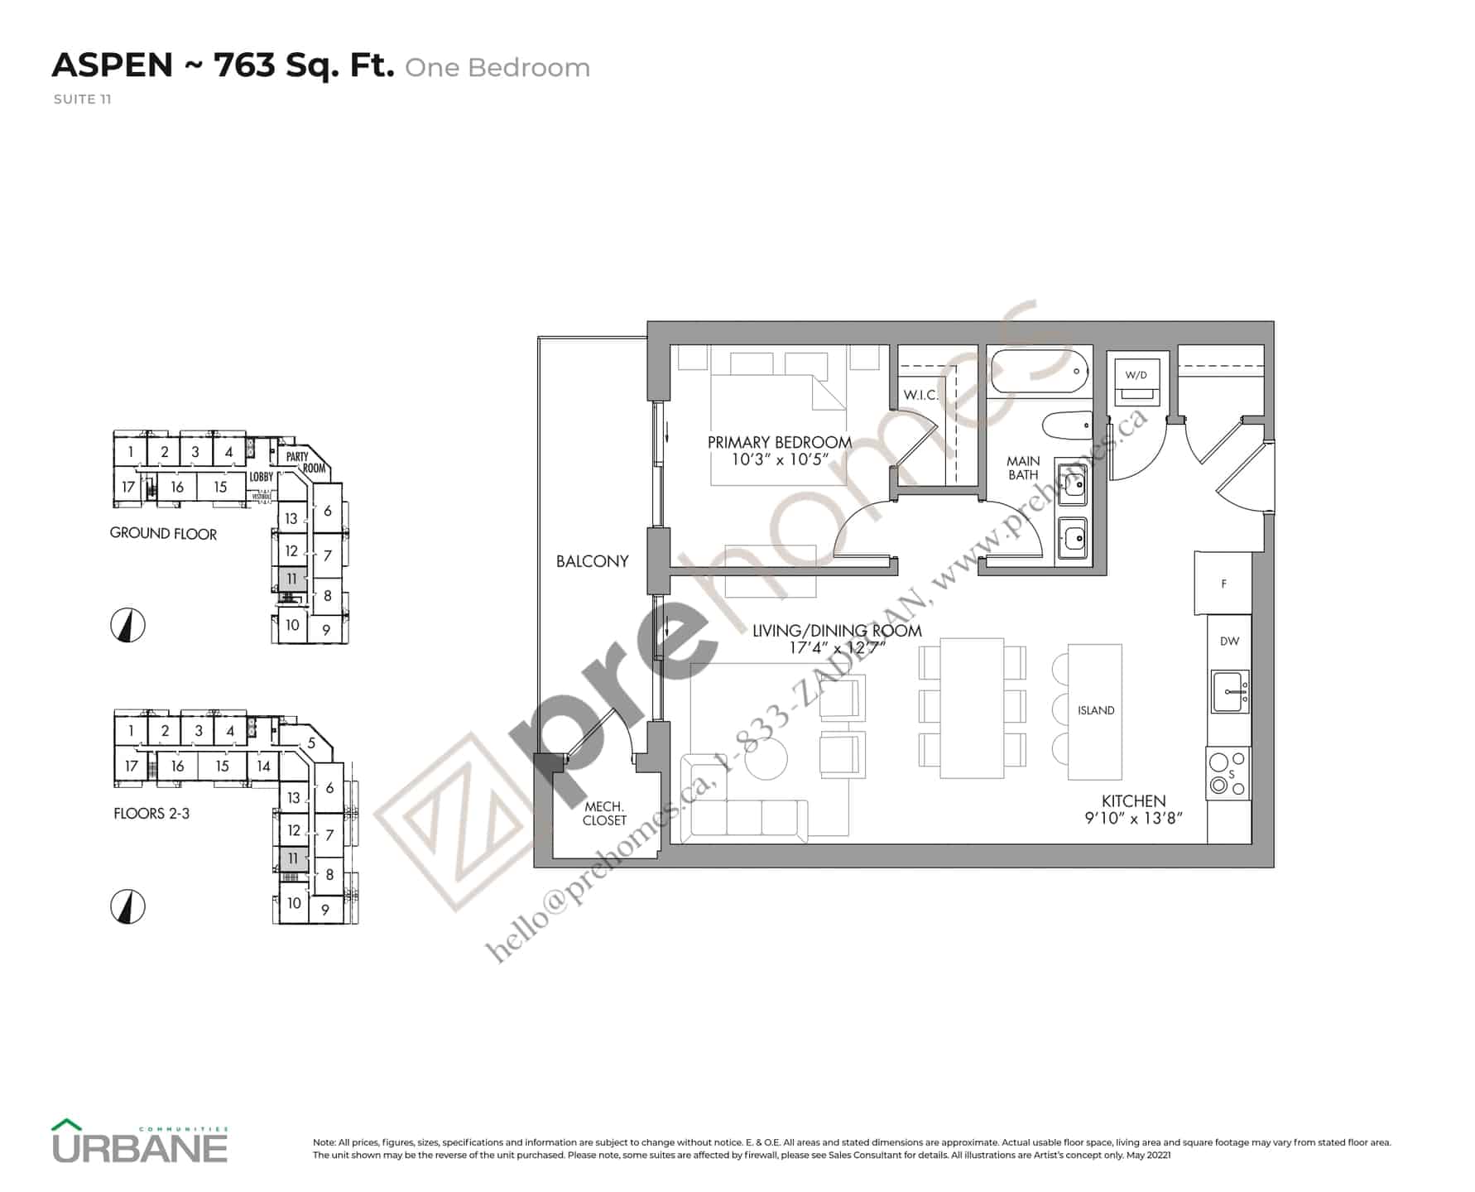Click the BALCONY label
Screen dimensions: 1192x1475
click(592, 561)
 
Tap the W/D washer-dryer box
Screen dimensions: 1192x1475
click(1136, 380)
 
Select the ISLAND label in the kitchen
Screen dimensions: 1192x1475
click(1095, 710)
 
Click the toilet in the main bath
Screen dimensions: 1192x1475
click(1066, 428)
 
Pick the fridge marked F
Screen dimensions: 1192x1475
click(1223, 584)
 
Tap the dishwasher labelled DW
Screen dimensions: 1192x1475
click(1229, 641)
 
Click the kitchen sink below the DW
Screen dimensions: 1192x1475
click(1230, 691)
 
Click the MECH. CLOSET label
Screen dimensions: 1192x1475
click(603, 813)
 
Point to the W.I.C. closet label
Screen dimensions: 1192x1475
click(920, 395)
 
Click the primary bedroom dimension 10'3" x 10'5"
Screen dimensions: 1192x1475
click(779, 459)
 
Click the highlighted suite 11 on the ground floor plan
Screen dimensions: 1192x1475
click(291, 579)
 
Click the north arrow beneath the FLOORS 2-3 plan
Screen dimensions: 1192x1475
click(127, 906)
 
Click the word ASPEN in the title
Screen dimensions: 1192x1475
click(113, 65)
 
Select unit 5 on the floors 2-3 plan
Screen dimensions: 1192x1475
click(311, 743)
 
